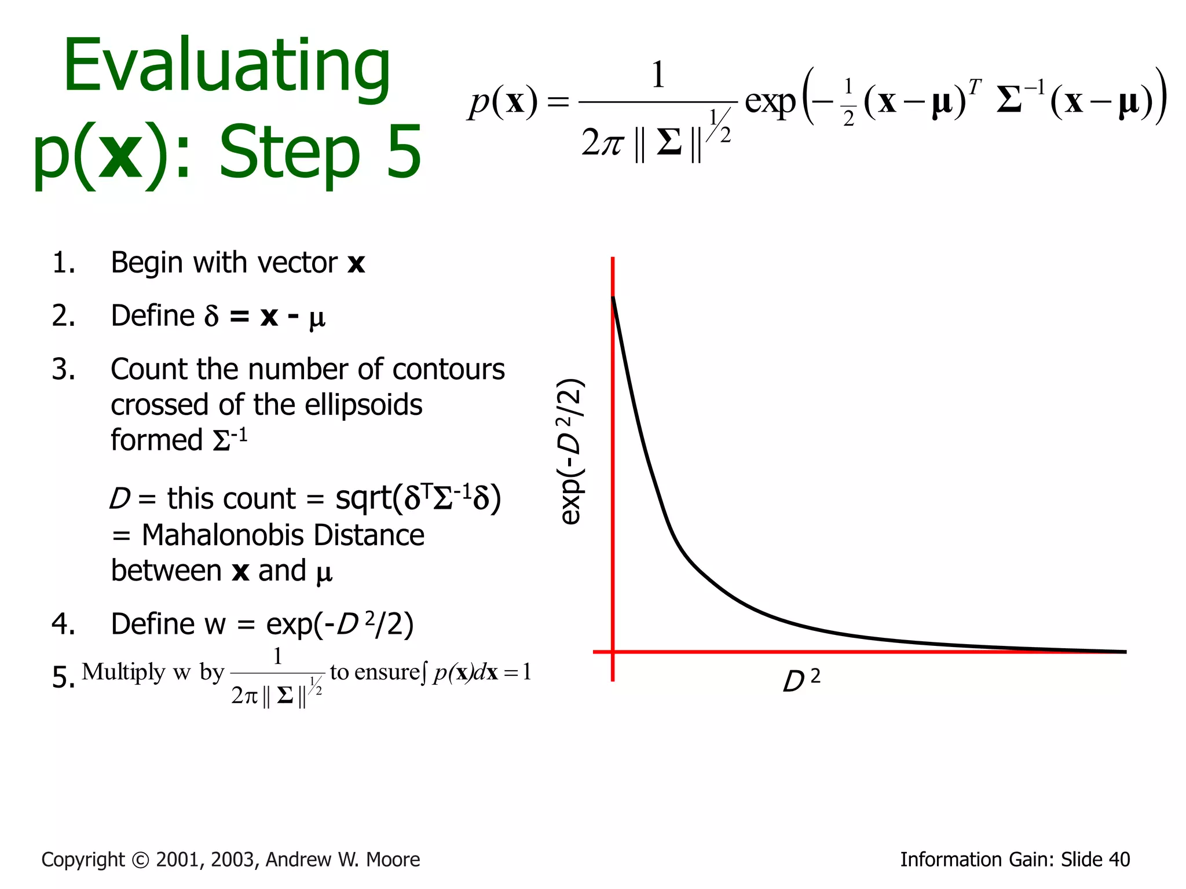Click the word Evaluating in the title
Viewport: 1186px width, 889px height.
(227, 67)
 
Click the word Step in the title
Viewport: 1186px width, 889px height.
(290, 153)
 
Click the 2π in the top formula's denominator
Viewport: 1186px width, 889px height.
(602, 142)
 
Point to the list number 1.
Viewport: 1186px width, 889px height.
(63, 263)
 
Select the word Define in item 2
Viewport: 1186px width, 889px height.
(153, 316)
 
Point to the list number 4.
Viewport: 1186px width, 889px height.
(63, 624)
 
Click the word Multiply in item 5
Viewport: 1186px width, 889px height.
(123, 672)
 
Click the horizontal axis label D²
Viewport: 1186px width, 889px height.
(801, 681)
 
